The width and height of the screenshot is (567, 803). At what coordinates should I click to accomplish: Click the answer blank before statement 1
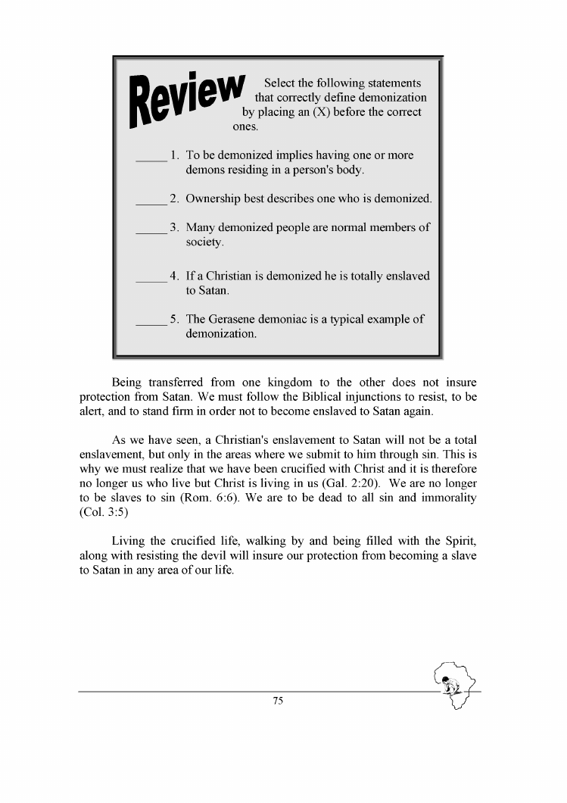(151, 159)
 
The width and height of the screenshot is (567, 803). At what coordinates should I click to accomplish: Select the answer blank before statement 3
(151, 231)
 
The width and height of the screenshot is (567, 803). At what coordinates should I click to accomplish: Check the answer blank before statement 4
(151, 280)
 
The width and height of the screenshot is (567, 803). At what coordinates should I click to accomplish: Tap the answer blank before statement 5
(151, 323)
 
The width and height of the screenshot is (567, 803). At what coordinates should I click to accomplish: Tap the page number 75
(278, 701)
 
